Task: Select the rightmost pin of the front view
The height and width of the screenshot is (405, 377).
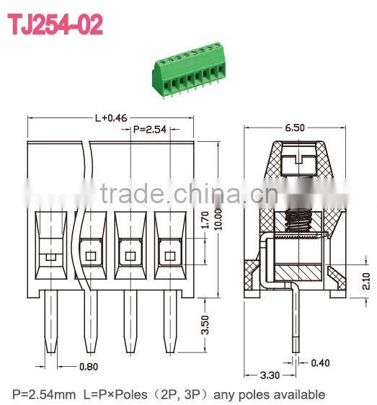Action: click(169, 324)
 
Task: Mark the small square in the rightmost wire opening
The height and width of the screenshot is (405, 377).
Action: click(170, 256)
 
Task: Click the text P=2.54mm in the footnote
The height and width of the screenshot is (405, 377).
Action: click(43, 394)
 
